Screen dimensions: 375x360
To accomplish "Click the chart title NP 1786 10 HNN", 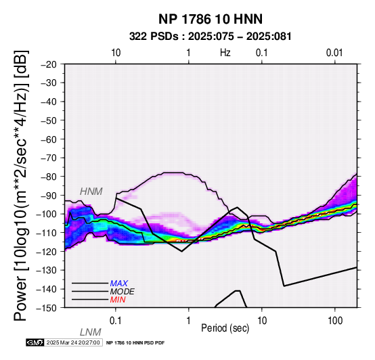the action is [x=211, y=19].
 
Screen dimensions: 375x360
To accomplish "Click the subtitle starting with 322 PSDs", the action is [x=211, y=37].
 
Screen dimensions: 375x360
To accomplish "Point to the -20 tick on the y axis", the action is [x=49, y=64].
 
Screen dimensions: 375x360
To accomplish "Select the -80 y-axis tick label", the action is [x=49, y=177].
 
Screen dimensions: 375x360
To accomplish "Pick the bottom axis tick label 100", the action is [x=335, y=321].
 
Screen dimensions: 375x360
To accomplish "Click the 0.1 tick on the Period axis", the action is [x=116, y=321].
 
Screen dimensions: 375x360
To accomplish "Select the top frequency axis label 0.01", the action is [x=334, y=53].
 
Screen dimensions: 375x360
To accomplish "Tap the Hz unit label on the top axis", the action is [x=225, y=53].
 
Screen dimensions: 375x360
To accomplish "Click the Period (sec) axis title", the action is [x=225, y=328].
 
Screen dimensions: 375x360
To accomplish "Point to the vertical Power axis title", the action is [x=21, y=185].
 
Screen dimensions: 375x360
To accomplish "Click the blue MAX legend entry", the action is [x=119, y=284].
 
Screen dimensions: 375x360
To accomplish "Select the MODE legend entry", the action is [x=123, y=292].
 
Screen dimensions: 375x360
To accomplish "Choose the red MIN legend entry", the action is [x=118, y=300].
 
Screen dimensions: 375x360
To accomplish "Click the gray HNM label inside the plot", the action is [x=91, y=192].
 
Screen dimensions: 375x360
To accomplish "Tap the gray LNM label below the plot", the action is [x=91, y=332].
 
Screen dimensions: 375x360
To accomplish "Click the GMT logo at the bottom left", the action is [x=35, y=342].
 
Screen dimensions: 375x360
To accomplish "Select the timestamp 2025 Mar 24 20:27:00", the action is [x=73, y=342].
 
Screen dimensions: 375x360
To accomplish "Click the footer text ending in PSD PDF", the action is [x=135, y=343].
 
